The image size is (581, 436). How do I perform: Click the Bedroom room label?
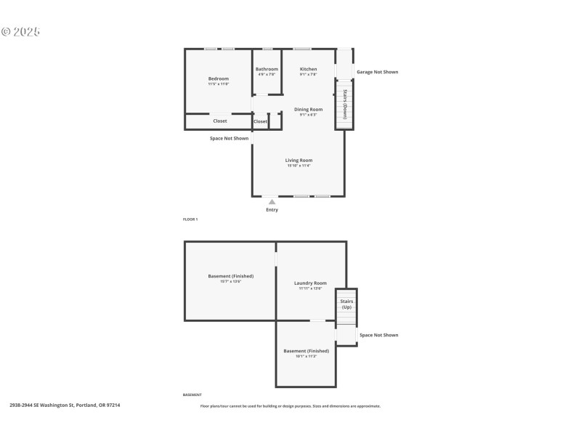pos(219,78)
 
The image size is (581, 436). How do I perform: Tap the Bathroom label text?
pos(267,69)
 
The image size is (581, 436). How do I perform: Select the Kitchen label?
pos(309,69)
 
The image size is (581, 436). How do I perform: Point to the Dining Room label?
pos(309,110)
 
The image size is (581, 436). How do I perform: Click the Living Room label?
pos(298,161)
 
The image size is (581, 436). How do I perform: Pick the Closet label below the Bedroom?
pos(220,121)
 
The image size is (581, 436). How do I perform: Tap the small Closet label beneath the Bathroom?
pos(260,121)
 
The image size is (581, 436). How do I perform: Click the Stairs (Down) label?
pos(345,104)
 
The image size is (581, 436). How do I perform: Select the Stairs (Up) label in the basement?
pos(346,304)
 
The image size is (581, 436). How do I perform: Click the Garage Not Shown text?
pos(377,72)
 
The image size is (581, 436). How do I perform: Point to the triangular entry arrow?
pos(272,202)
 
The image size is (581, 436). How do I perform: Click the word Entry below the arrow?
pos(272,210)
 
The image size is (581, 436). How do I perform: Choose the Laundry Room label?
pos(310,283)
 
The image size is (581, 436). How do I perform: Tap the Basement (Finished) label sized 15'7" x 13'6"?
pos(230,276)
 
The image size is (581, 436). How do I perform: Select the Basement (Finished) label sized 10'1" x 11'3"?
pos(306,351)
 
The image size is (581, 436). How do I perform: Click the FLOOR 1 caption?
pos(190,219)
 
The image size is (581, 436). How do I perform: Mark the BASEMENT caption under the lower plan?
pos(192,395)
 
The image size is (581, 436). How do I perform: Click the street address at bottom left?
pos(65,405)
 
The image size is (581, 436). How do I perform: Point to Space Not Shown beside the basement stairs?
pos(378,335)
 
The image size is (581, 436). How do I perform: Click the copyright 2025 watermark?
pos(20,31)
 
